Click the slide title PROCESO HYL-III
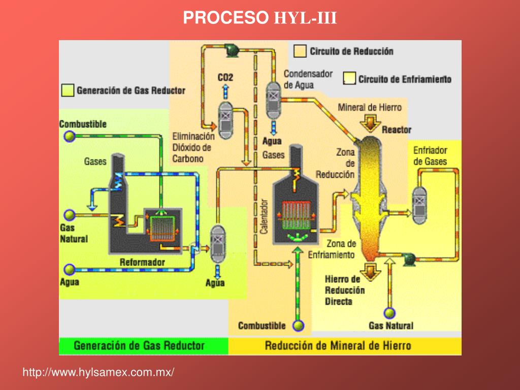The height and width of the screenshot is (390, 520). click(259, 18)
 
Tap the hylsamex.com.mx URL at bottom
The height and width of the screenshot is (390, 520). click(98, 372)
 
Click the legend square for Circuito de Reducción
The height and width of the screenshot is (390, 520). click(300, 51)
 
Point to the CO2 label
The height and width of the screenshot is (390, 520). click(225, 78)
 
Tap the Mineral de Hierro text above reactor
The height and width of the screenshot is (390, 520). click(369, 107)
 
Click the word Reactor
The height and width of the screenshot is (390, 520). click(396, 129)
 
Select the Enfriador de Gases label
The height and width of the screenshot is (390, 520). click(430, 156)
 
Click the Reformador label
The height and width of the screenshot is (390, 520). click(142, 262)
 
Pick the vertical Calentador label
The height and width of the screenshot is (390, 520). click(264, 216)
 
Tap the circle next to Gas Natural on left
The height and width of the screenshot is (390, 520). click(69, 214)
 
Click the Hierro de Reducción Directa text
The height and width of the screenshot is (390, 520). click(345, 290)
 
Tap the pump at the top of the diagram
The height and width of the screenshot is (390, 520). click(233, 49)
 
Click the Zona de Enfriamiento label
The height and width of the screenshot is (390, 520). click(333, 249)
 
